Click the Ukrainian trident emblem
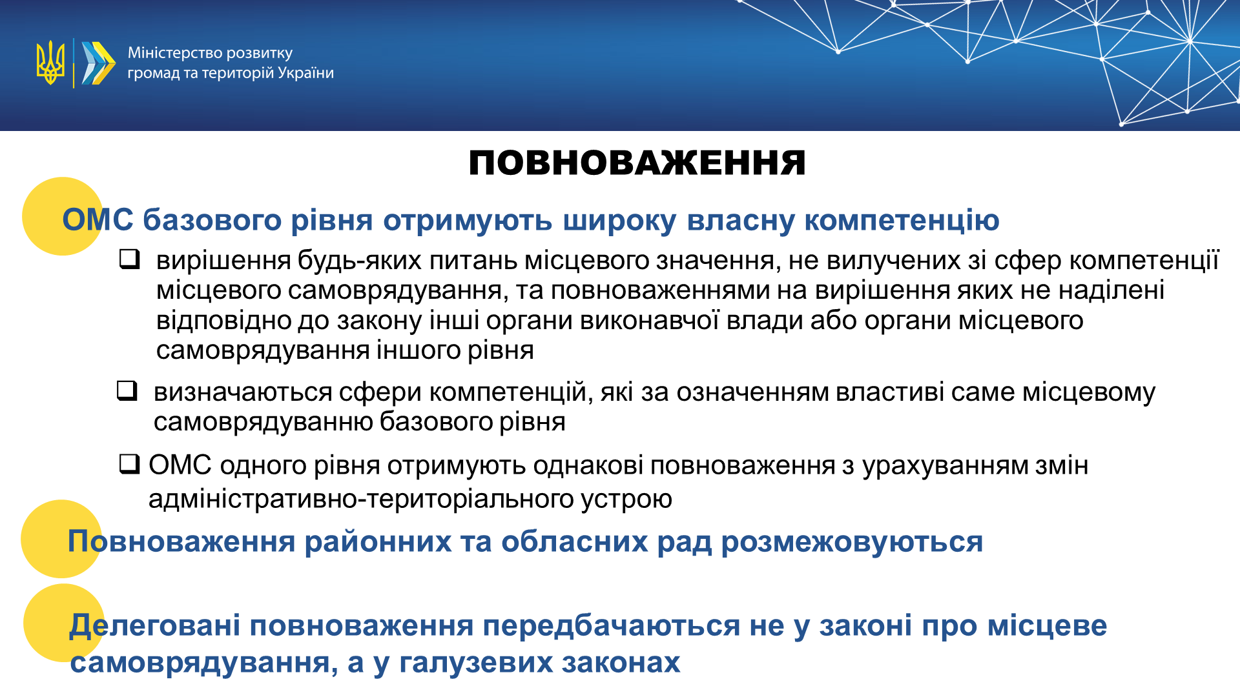pos(50,63)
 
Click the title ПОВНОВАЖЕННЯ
pos(637,163)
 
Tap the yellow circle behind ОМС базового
pos(62,216)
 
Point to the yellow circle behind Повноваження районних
pos(61,539)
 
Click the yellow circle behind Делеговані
pos(64,623)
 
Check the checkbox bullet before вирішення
pos(130,259)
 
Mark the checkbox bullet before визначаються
pos(127,390)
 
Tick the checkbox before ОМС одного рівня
pos(130,464)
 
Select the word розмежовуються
pos(852,542)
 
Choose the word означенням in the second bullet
pos(752,392)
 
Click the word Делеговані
pos(155,626)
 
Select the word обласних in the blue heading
pos(575,541)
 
